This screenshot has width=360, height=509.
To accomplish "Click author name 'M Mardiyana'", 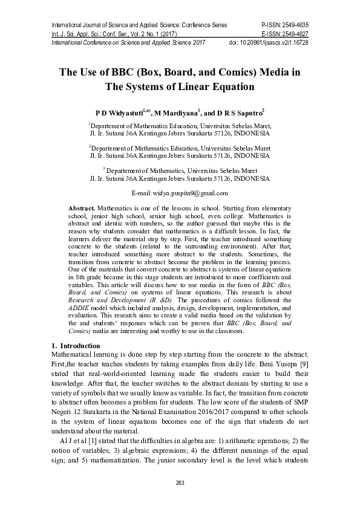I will tap(175, 113).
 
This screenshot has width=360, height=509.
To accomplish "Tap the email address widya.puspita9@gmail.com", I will tap(188, 193).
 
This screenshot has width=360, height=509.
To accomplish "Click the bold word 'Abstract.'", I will tap(82, 207).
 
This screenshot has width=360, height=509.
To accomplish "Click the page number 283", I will tap(180, 482).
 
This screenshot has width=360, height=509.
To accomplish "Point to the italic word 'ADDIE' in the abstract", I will tap(78, 308).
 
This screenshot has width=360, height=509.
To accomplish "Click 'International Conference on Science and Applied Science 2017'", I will tap(128, 43).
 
